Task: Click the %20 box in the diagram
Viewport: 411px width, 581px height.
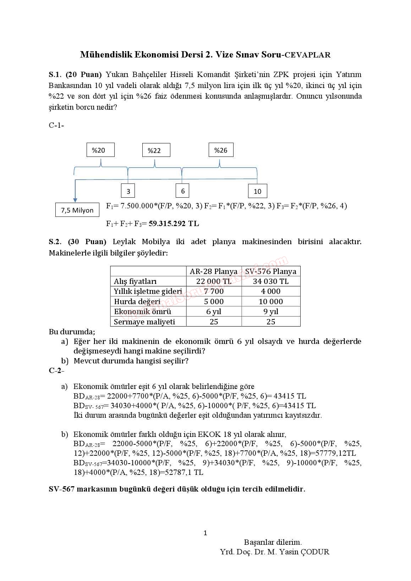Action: coord(100,150)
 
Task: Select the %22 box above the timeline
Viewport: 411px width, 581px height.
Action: coord(156,150)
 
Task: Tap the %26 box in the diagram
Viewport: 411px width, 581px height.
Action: coord(221,150)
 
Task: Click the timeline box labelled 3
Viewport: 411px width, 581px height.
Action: coord(128,191)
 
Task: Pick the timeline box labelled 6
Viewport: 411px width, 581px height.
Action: coord(182,191)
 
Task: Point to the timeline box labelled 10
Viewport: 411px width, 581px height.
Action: coord(257,191)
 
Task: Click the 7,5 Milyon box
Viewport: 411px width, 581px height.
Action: coord(77,210)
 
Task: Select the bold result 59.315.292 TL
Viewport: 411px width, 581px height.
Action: coord(174,224)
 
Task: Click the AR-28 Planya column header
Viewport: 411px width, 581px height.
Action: coord(214,272)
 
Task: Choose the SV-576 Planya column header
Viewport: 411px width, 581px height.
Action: coord(271,272)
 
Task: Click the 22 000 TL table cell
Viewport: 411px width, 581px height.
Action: coord(214,281)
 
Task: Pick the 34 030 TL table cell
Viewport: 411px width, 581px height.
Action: coord(271,281)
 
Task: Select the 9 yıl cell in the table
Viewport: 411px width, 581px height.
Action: coord(271,312)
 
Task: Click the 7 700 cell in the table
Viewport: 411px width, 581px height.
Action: coord(214,291)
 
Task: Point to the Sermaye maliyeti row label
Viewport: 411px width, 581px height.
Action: coord(144,322)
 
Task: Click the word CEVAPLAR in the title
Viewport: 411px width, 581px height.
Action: coord(308,55)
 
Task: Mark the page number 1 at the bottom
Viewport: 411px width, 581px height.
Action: coord(205,533)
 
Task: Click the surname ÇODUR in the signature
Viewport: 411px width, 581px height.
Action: coord(315,552)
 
